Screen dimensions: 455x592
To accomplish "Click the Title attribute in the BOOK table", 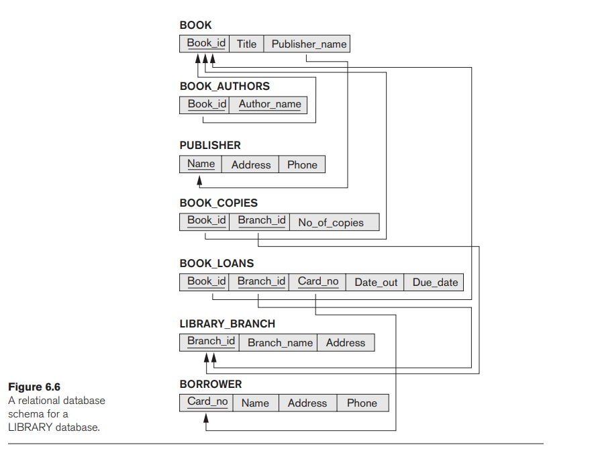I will [246, 44].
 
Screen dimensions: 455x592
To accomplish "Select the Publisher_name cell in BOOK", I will [309, 44].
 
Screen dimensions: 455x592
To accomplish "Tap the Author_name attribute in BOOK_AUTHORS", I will [270, 105].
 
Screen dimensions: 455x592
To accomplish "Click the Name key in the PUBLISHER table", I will [201, 164].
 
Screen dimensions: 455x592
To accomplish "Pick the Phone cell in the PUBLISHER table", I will [302, 165].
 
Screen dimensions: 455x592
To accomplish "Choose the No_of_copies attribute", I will [331, 223].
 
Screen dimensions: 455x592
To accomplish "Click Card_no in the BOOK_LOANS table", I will [318, 282].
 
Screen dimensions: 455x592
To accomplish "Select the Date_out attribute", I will [376, 283].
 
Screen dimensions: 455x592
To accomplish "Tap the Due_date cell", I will [435, 283].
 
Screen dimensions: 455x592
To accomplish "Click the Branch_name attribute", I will [280, 343].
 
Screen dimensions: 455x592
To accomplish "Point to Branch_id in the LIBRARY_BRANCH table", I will [211, 342].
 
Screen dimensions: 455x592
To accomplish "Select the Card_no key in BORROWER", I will [207, 402].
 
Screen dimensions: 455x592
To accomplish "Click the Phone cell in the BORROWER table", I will [362, 403].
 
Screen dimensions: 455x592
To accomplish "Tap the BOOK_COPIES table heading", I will [218, 203].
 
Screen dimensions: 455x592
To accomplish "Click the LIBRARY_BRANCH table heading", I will [227, 323].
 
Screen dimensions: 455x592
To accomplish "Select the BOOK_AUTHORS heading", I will [224, 87].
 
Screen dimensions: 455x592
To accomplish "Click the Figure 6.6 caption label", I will [34, 387].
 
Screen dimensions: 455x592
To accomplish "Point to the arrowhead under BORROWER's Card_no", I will [207, 418].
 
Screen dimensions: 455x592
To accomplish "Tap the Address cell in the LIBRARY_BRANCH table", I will [345, 343].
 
